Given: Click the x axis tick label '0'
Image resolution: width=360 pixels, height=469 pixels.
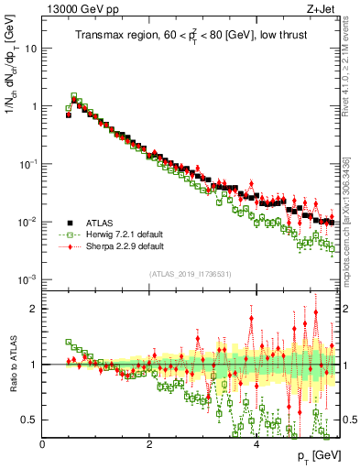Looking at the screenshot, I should pos(43,444).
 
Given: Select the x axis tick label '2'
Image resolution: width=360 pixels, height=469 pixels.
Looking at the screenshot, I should pos(149,444).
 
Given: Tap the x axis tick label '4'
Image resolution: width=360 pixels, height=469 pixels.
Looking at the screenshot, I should pos(256,444).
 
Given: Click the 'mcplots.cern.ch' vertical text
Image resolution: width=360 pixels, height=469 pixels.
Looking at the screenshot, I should pos(351,238).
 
